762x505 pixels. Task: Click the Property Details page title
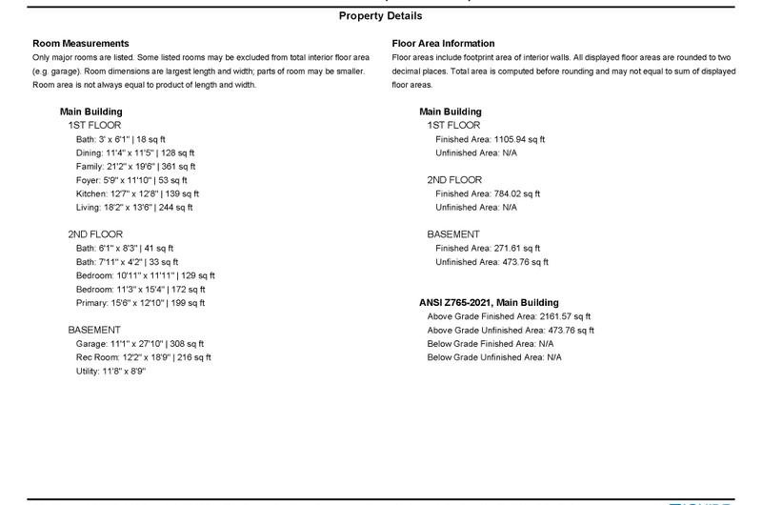pos(380,16)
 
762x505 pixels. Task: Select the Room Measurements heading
pos(80,44)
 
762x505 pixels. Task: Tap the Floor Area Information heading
pos(443,44)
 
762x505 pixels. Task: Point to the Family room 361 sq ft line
pos(134,166)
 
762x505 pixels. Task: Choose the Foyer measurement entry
pos(131,179)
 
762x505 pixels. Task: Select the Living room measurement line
pos(134,207)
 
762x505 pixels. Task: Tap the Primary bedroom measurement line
pos(140,303)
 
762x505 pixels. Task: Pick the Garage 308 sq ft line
pos(140,344)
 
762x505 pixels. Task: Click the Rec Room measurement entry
pos(144,357)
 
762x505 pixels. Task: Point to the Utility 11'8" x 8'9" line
pos(110,372)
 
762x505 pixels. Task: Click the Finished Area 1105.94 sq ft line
pos(491,139)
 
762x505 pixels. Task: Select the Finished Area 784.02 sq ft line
pos(488,193)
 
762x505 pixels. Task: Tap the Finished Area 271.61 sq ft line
pos(488,248)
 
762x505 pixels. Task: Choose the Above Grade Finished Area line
pos(509,316)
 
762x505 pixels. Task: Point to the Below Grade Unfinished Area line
pos(494,357)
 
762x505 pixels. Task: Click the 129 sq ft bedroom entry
pos(141,275)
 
